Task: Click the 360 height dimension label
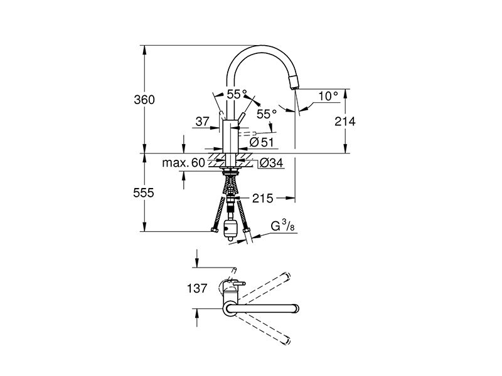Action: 144,100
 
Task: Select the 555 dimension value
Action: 144,193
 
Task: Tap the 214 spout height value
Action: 344,121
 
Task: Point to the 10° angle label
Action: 328,96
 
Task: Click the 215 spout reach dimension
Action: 262,198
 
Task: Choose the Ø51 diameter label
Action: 262,142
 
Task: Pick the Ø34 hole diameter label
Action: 271,163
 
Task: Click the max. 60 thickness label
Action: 183,163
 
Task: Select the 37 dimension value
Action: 202,122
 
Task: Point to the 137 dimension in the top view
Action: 197,288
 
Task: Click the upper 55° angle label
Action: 237,95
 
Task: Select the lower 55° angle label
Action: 267,114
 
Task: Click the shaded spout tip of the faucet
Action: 294,83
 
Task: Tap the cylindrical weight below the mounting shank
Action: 230,229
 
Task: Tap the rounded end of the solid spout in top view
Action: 296,308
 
